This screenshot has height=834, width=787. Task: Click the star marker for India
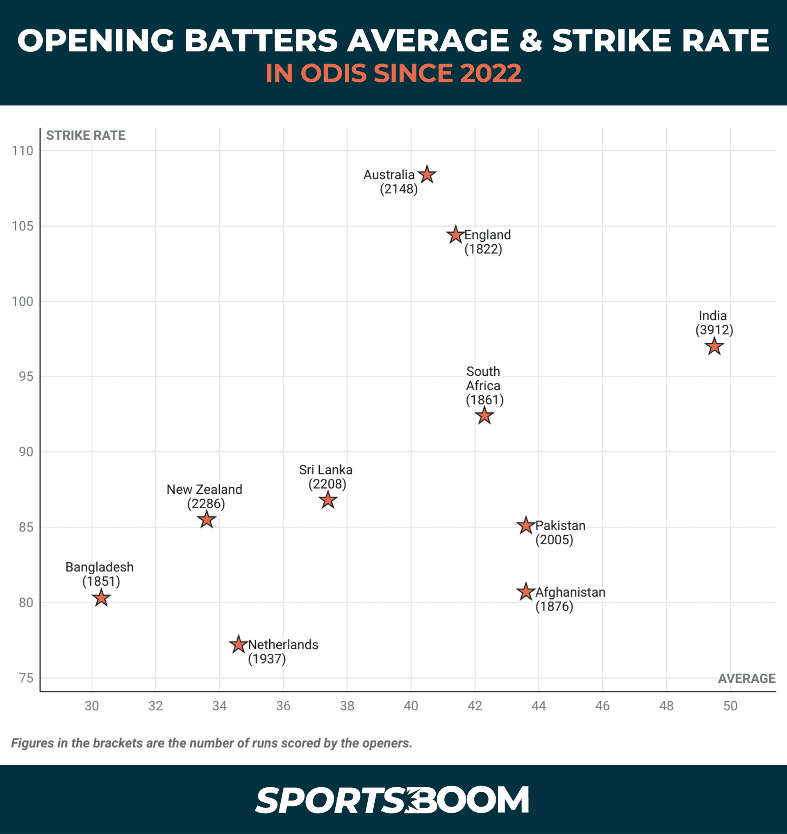[x=714, y=347]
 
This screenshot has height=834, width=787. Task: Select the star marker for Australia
[x=427, y=175]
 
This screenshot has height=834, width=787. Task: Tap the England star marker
[x=455, y=235]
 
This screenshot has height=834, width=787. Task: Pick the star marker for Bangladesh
[x=101, y=598]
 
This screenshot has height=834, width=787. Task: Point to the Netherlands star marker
[x=238, y=644]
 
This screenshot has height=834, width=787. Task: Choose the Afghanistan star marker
[x=525, y=592]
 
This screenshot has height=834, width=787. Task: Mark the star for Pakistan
[x=525, y=526]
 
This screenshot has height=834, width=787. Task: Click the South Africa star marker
[x=484, y=416]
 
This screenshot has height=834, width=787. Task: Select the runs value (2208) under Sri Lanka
[x=327, y=484]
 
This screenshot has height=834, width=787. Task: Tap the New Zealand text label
[x=204, y=490]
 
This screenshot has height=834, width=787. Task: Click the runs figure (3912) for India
[x=714, y=330]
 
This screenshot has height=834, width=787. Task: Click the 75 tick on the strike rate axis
[x=26, y=678]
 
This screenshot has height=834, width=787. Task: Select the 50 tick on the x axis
[x=730, y=706]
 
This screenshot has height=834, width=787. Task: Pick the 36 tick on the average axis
[x=283, y=706]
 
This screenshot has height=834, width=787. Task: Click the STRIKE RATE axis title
[x=86, y=136]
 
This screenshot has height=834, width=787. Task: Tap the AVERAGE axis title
[x=746, y=679]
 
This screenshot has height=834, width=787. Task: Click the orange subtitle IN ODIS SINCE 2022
[x=393, y=73]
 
